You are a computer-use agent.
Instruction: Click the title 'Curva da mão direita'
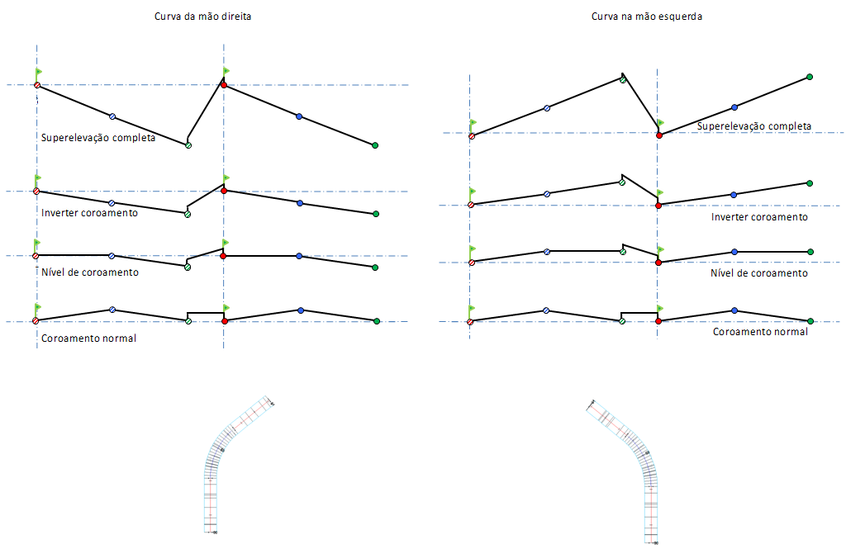click(x=202, y=17)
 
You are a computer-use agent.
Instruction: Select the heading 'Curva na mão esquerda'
click(x=646, y=17)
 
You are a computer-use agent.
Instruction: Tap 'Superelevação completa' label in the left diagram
click(x=98, y=138)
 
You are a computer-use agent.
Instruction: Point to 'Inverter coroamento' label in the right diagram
click(x=759, y=217)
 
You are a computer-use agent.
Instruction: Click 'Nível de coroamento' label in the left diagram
click(x=90, y=272)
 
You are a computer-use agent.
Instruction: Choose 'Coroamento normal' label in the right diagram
click(x=760, y=331)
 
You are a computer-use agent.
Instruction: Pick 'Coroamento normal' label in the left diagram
click(x=88, y=338)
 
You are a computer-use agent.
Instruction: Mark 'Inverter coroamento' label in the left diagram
click(x=89, y=213)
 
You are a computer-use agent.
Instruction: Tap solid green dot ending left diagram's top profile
click(x=375, y=145)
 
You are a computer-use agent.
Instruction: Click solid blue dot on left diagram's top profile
click(x=299, y=116)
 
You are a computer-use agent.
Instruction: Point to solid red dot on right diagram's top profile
click(x=658, y=135)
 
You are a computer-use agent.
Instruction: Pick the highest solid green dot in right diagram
click(x=810, y=77)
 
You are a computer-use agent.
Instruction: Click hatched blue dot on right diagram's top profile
click(x=547, y=108)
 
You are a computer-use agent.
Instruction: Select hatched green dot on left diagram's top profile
click(x=188, y=145)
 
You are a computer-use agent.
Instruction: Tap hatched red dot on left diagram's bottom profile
click(x=36, y=320)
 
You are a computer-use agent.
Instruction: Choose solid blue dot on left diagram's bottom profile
click(x=300, y=310)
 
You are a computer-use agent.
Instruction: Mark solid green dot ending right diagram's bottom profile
click(x=810, y=321)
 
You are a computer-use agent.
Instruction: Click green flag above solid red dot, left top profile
click(x=226, y=72)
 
